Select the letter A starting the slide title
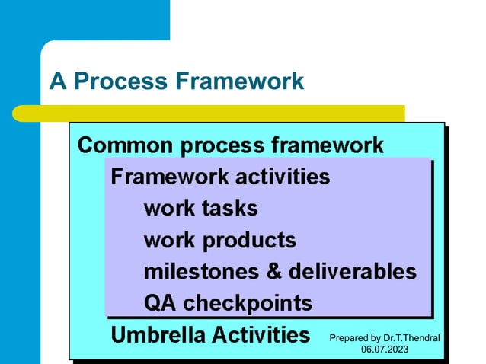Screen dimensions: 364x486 57,81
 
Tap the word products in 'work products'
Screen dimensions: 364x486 248,241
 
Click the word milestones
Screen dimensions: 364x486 200,272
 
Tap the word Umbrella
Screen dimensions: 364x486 156,334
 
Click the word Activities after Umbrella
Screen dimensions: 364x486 260,334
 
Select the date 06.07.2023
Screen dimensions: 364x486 384,350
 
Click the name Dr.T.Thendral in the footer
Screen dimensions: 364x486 411,337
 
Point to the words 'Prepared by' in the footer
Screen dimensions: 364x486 355,337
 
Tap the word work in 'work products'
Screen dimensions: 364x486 169,241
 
